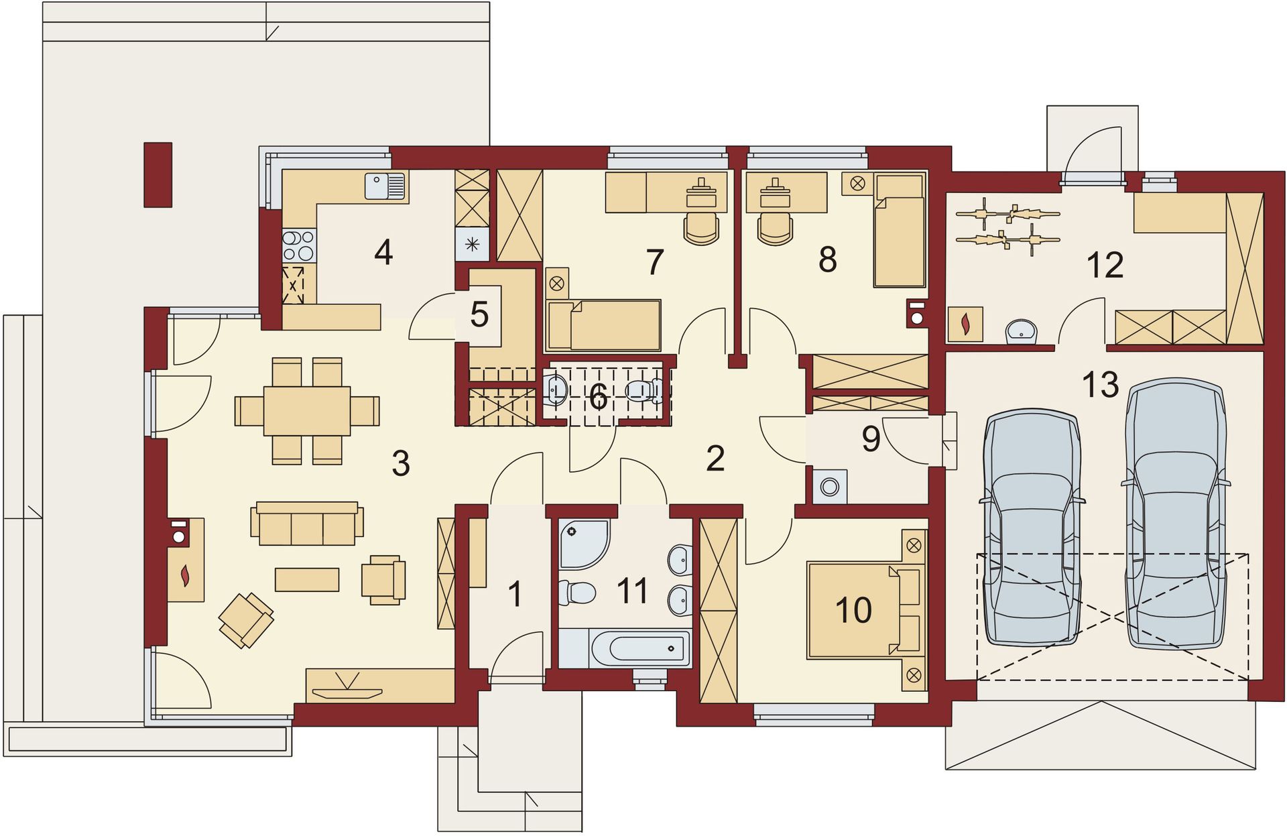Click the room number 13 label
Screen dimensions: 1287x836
pyautogui.click(x=1101, y=385)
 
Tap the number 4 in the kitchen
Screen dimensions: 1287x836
pyautogui.click(x=383, y=253)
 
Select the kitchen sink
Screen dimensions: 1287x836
pyautogui.click(x=385, y=186)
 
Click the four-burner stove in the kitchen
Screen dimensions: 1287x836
pyautogui.click(x=299, y=245)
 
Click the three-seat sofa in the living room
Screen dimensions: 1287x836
pyautogui.click(x=307, y=523)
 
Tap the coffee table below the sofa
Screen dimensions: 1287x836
pyautogui.click(x=307, y=579)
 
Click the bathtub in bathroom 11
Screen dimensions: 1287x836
pyautogui.click(x=640, y=648)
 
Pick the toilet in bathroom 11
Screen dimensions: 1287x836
pyautogui.click(x=577, y=593)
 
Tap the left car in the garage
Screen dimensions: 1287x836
pyautogui.click(x=1032, y=528)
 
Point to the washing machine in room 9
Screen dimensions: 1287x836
pyautogui.click(x=830, y=487)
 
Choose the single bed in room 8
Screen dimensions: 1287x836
pyautogui.click(x=899, y=231)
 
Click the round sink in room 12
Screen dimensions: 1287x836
pyautogui.click(x=1022, y=331)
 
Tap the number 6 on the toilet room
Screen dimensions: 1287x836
pyautogui.click(x=599, y=397)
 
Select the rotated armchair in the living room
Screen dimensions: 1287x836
pyautogui.click(x=246, y=620)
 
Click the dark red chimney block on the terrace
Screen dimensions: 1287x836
pyautogui.click(x=158, y=174)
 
